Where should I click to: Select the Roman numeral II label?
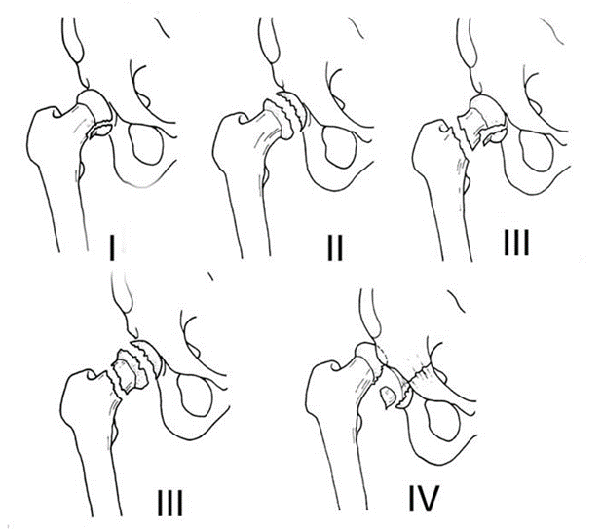click(x=334, y=247)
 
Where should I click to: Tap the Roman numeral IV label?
click(x=424, y=500)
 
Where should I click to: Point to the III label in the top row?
click(x=516, y=243)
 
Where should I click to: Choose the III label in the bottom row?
click(x=170, y=503)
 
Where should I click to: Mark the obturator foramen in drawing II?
click(x=339, y=147)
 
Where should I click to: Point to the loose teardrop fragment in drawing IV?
click(x=388, y=397)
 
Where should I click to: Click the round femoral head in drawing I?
click(x=94, y=105)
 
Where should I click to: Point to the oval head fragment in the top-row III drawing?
click(x=495, y=135)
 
